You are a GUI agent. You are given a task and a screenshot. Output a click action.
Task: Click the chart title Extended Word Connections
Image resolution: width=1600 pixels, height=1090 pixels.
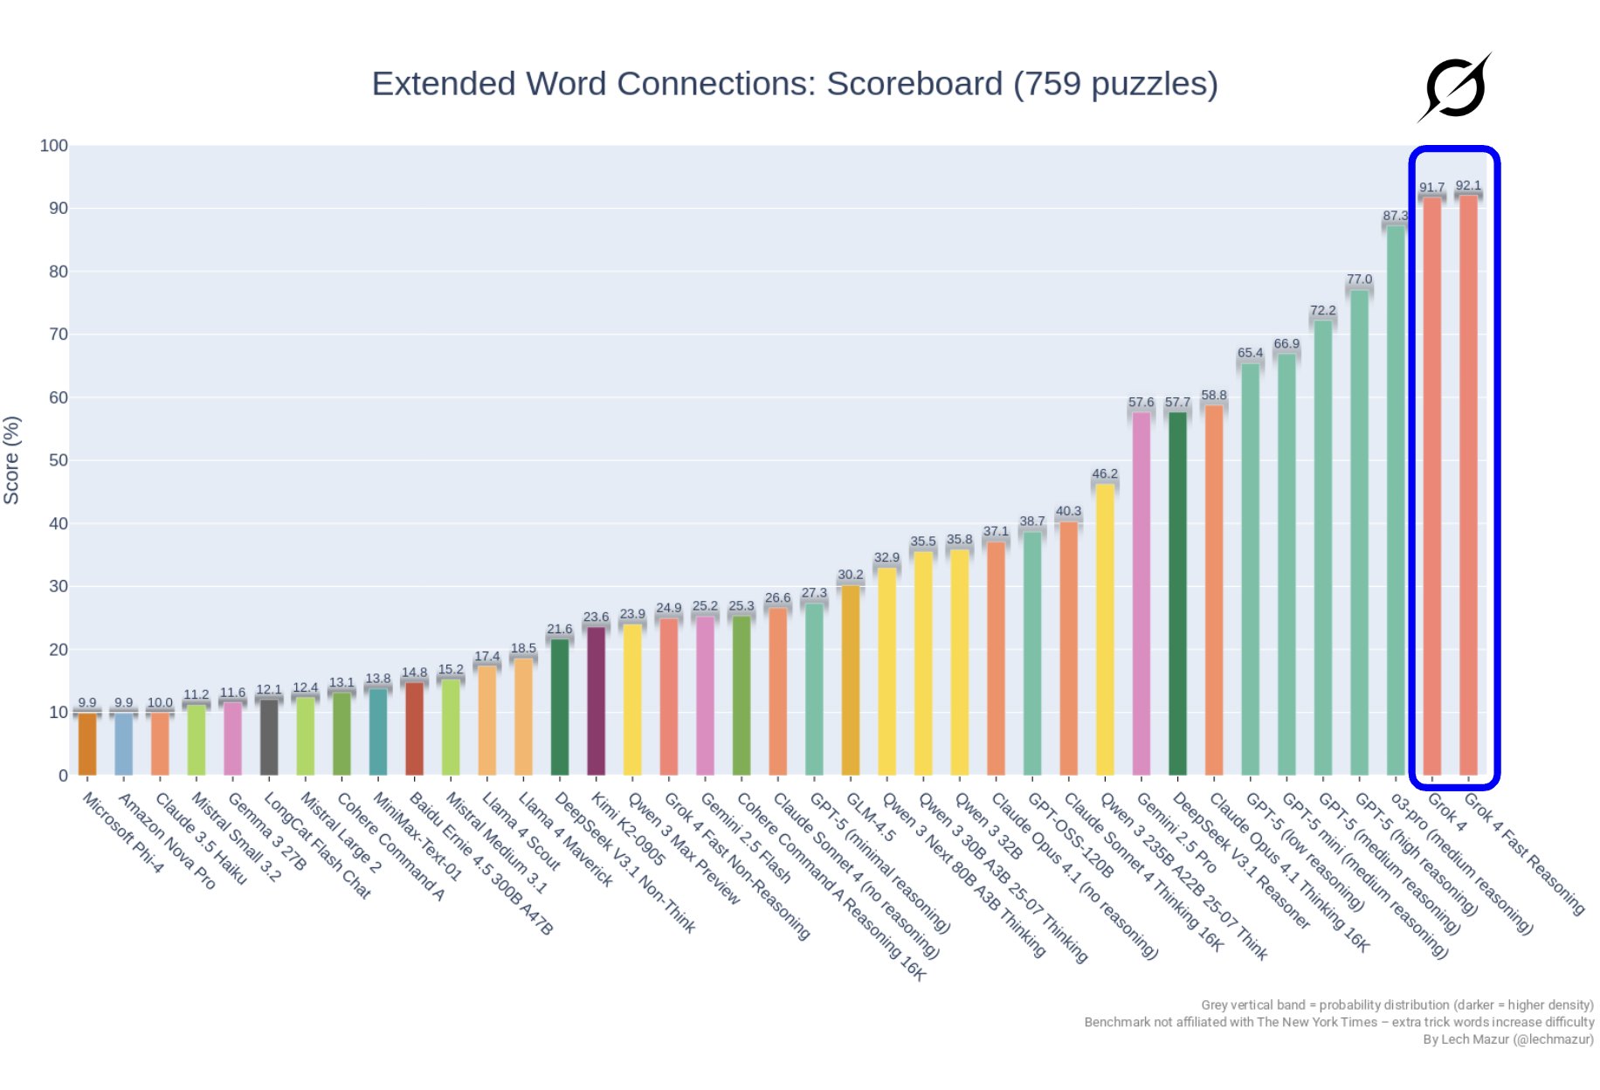click(x=794, y=84)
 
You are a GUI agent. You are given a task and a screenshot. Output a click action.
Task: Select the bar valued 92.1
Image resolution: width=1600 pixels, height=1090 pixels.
click(x=1468, y=485)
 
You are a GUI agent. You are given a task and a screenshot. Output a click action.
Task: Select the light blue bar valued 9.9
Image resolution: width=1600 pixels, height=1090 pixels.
click(x=123, y=744)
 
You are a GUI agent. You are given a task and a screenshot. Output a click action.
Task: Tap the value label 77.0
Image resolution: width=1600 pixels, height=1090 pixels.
click(x=1359, y=279)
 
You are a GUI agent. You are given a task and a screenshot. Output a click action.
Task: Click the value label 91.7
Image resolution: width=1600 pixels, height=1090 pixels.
click(x=1431, y=188)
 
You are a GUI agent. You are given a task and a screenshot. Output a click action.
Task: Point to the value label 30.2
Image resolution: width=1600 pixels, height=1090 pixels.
click(x=850, y=575)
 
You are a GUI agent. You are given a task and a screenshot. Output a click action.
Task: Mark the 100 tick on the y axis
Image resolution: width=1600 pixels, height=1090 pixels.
click(x=54, y=146)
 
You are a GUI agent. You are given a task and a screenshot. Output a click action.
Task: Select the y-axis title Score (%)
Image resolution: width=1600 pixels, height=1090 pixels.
click(x=11, y=460)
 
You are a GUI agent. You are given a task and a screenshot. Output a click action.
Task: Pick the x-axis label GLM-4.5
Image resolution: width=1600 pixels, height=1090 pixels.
click(x=871, y=817)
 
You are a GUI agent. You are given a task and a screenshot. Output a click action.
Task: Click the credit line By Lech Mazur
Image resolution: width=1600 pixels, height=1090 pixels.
click(x=1507, y=1039)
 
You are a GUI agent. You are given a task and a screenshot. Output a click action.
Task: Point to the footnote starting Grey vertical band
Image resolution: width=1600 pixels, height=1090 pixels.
click(x=1397, y=1005)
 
